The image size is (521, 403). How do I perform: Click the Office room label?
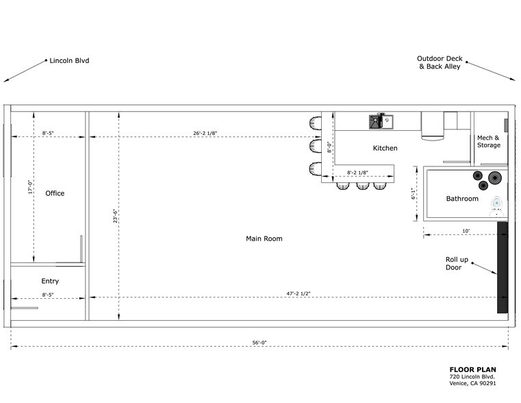pyautogui.click(x=55, y=193)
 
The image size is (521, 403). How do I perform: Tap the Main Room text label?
pyautogui.click(x=264, y=239)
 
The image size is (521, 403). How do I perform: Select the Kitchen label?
pyautogui.click(x=385, y=148)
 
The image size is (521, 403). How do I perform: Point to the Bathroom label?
pyautogui.click(x=462, y=199)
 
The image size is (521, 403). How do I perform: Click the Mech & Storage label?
pyautogui.click(x=489, y=141)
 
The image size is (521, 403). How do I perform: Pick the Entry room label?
pyautogui.click(x=50, y=281)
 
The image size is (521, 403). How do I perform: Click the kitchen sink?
pyautogui.click(x=381, y=121)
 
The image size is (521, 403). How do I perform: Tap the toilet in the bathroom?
pyautogui.click(x=497, y=204)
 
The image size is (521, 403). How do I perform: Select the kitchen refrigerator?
pyautogui.click(x=432, y=125)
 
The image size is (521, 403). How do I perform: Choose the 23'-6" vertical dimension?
pyautogui.click(x=116, y=216)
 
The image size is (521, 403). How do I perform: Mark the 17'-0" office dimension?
pyautogui.click(x=29, y=186)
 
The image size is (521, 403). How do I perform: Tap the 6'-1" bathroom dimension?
pyautogui.click(x=413, y=194)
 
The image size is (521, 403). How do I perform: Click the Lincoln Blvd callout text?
pyautogui.click(x=69, y=61)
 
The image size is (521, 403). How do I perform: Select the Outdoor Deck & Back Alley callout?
pyautogui.click(x=439, y=62)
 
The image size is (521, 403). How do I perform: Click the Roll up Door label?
pyautogui.click(x=457, y=263)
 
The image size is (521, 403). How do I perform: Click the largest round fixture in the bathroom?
pyautogui.click(x=495, y=178)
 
